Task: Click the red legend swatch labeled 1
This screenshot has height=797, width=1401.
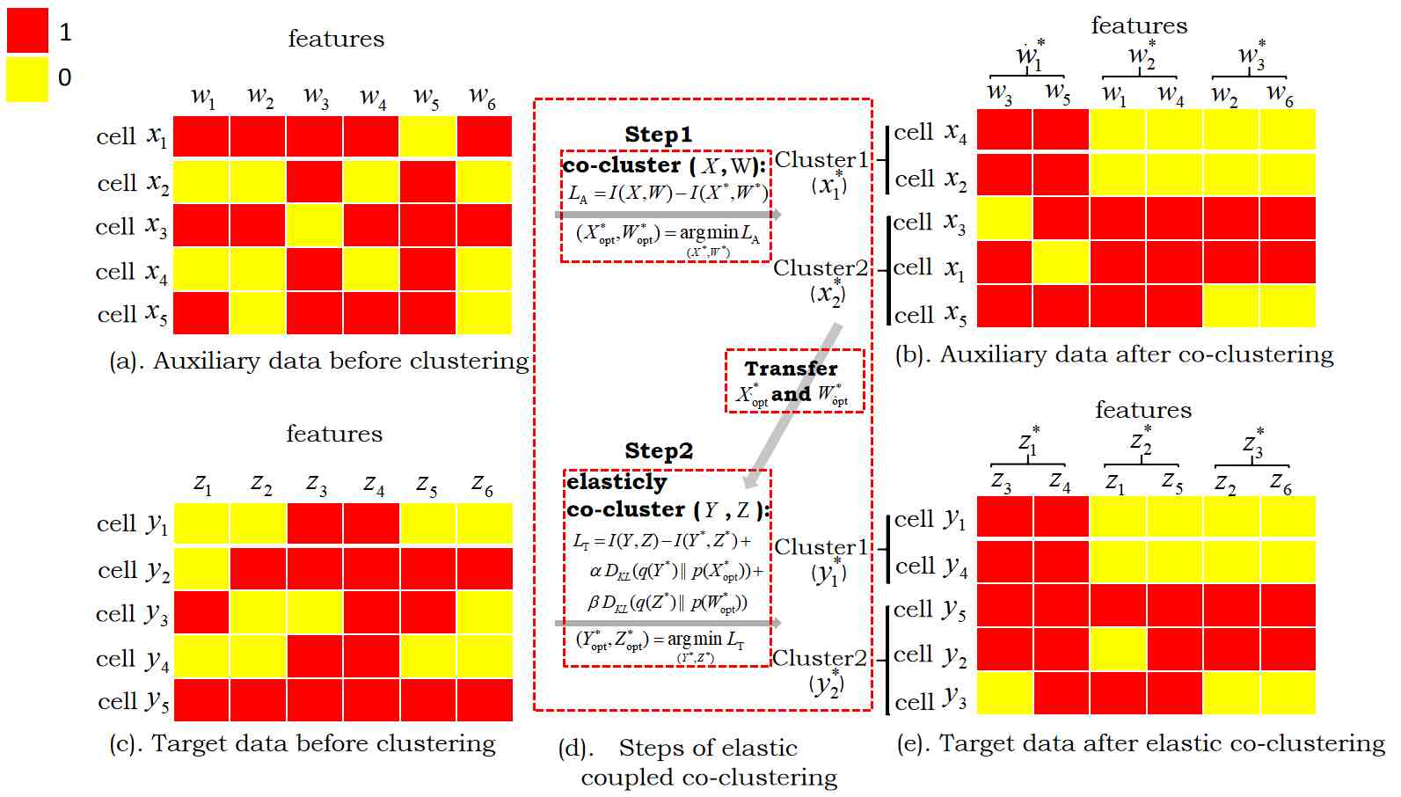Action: (x=27, y=32)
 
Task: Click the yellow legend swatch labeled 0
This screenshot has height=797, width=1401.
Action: (x=27, y=78)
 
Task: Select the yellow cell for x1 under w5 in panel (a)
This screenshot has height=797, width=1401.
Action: (x=427, y=137)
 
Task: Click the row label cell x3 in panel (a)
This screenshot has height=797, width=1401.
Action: (x=130, y=227)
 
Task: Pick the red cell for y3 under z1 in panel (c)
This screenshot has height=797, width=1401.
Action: (x=201, y=612)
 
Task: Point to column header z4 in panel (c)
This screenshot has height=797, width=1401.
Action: (x=374, y=485)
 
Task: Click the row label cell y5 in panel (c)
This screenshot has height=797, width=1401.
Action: (x=133, y=701)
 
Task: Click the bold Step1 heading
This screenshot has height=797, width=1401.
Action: (x=658, y=135)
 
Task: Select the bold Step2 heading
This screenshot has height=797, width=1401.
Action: (x=659, y=450)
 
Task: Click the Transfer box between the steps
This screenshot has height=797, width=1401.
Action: (x=794, y=381)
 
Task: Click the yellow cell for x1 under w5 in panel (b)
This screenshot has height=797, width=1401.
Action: (x=1061, y=262)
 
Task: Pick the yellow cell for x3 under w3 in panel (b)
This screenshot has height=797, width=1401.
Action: (x=1004, y=218)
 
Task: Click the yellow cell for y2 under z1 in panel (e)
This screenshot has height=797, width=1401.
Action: (x=1117, y=649)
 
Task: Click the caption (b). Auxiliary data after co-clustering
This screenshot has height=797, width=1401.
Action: (x=1114, y=355)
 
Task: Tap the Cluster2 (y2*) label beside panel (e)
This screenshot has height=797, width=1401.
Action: (x=822, y=670)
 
